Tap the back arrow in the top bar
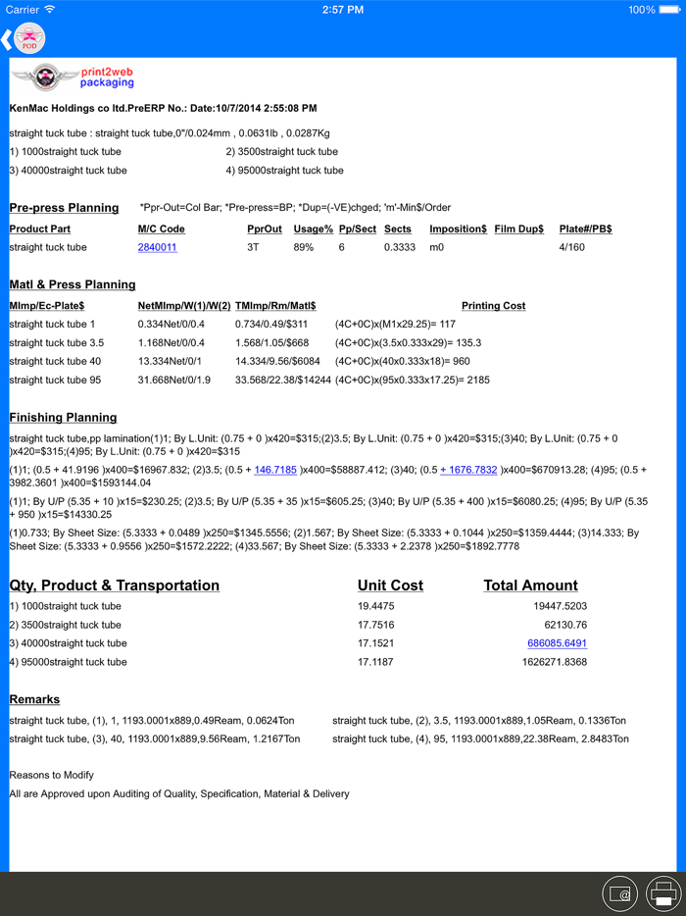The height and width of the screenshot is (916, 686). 7,39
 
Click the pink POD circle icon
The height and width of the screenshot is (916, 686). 29,39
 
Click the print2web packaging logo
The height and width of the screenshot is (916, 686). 72,77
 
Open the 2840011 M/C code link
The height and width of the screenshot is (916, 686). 157,248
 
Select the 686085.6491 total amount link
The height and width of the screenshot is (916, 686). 557,643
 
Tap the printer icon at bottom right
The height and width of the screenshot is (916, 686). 663,893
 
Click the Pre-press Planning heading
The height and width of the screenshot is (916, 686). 64,208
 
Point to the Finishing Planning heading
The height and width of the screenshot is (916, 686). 63,418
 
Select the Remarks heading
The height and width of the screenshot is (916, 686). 34,700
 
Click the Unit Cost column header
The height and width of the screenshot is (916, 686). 390,585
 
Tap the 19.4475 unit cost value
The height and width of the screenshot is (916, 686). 376,606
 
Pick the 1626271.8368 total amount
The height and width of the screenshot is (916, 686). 554,662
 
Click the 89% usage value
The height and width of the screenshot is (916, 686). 304,248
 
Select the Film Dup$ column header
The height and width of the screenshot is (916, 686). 518,229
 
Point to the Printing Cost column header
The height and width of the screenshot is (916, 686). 493,306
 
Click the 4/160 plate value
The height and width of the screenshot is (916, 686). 571,248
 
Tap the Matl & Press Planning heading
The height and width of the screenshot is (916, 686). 73,285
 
